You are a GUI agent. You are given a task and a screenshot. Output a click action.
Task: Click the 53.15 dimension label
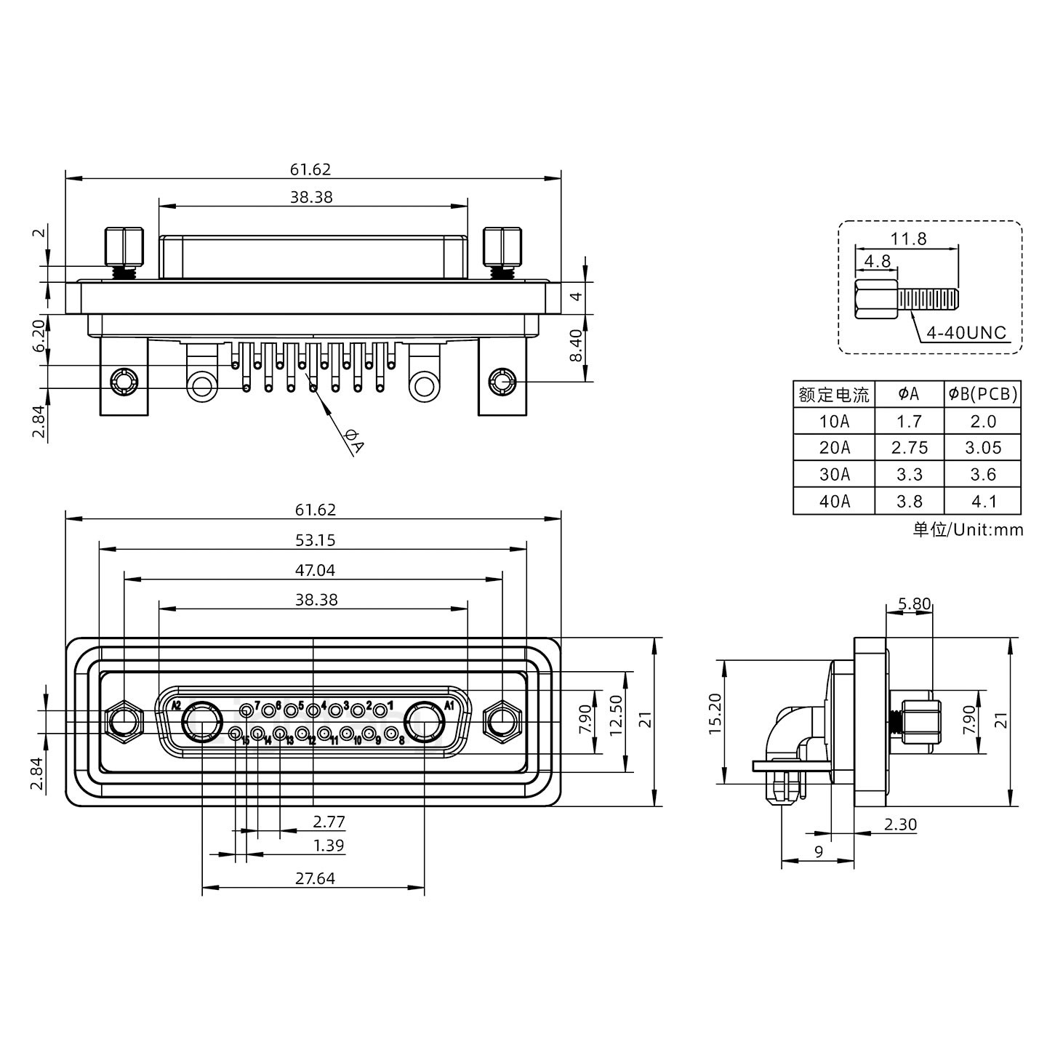pyautogui.click(x=315, y=540)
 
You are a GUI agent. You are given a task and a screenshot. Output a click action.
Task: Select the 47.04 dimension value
pyautogui.click(x=315, y=570)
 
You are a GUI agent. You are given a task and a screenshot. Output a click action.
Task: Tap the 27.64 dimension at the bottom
pyautogui.click(x=315, y=878)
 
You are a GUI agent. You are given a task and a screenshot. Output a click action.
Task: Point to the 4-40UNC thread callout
pyautogui.click(x=966, y=333)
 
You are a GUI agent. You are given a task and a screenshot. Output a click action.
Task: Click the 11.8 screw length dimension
pyautogui.click(x=908, y=238)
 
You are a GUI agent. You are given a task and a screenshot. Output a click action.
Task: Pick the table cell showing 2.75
pyautogui.click(x=909, y=448)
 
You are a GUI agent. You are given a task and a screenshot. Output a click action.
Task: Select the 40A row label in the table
pyautogui.click(x=834, y=501)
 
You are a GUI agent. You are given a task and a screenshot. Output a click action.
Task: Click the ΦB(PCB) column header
pyautogui.click(x=982, y=395)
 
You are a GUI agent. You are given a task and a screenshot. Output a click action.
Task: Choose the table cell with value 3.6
pyautogui.click(x=982, y=475)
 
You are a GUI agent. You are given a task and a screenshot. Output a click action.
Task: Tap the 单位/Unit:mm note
pyautogui.click(x=968, y=529)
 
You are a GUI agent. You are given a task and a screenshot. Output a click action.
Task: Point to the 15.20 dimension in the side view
pyautogui.click(x=715, y=723)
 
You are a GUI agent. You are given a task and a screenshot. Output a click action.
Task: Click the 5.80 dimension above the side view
pyautogui.click(x=914, y=603)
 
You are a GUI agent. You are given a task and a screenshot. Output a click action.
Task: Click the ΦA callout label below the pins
pyautogui.click(x=354, y=442)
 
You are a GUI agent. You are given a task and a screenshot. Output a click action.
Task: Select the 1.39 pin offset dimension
pyautogui.click(x=329, y=846)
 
